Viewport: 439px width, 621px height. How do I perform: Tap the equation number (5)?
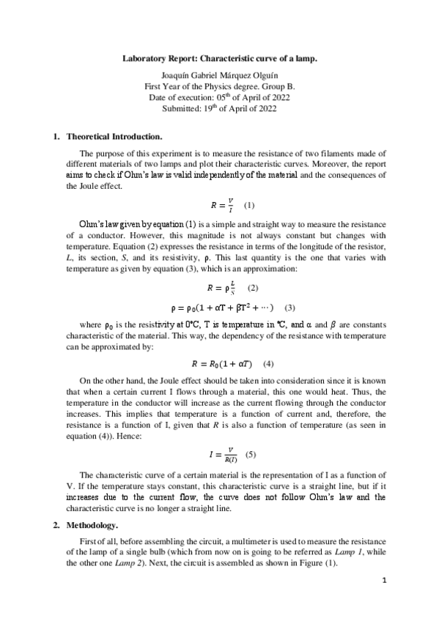coord(251,455)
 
